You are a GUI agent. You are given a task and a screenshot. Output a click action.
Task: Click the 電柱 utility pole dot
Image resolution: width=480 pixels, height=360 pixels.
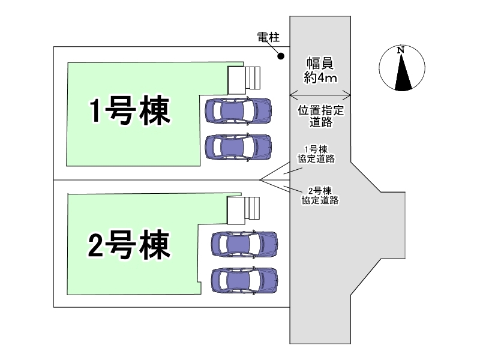pyautogui.click(x=280, y=57)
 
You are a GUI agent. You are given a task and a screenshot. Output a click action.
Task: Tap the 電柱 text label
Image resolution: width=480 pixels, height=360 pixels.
pyautogui.click(x=265, y=38)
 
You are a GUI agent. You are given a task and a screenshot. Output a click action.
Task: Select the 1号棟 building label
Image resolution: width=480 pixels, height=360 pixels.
pyautogui.click(x=127, y=111)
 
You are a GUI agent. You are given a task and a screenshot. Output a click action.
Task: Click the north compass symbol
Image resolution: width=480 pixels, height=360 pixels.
pyautogui.click(x=403, y=68)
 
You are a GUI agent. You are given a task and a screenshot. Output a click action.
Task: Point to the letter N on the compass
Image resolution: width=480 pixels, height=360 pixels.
pyautogui.click(x=401, y=50)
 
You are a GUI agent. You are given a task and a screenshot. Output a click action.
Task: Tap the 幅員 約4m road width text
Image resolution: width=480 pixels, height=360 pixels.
pyautogui.click(x=320, y=70)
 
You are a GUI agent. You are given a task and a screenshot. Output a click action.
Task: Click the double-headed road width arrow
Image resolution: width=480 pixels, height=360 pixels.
pyautogui.click(x=320, y=94)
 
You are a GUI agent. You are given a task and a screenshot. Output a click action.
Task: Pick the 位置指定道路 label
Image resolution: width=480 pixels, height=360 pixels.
pyautogui.click(x=320, y=117)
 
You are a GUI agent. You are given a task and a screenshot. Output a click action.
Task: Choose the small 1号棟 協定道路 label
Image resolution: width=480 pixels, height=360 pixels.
pyautogui.click(x=316, y=154)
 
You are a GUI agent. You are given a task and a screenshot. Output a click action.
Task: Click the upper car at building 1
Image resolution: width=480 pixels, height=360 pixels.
pyautogui.click(x=238, y=109)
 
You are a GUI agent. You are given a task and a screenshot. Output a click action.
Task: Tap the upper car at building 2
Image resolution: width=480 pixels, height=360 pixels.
pyautogui.click(x=244, y=243)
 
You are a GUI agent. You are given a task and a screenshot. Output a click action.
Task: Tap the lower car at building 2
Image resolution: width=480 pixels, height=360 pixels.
pyautogui.click(x=244, y=279)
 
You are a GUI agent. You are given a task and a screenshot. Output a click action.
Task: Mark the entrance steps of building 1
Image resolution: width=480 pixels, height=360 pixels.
pyautogui.click(x=245, y=79)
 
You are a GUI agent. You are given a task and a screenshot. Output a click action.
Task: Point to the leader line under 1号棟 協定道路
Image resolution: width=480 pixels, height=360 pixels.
pyautogui.click(x=291, y=170)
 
